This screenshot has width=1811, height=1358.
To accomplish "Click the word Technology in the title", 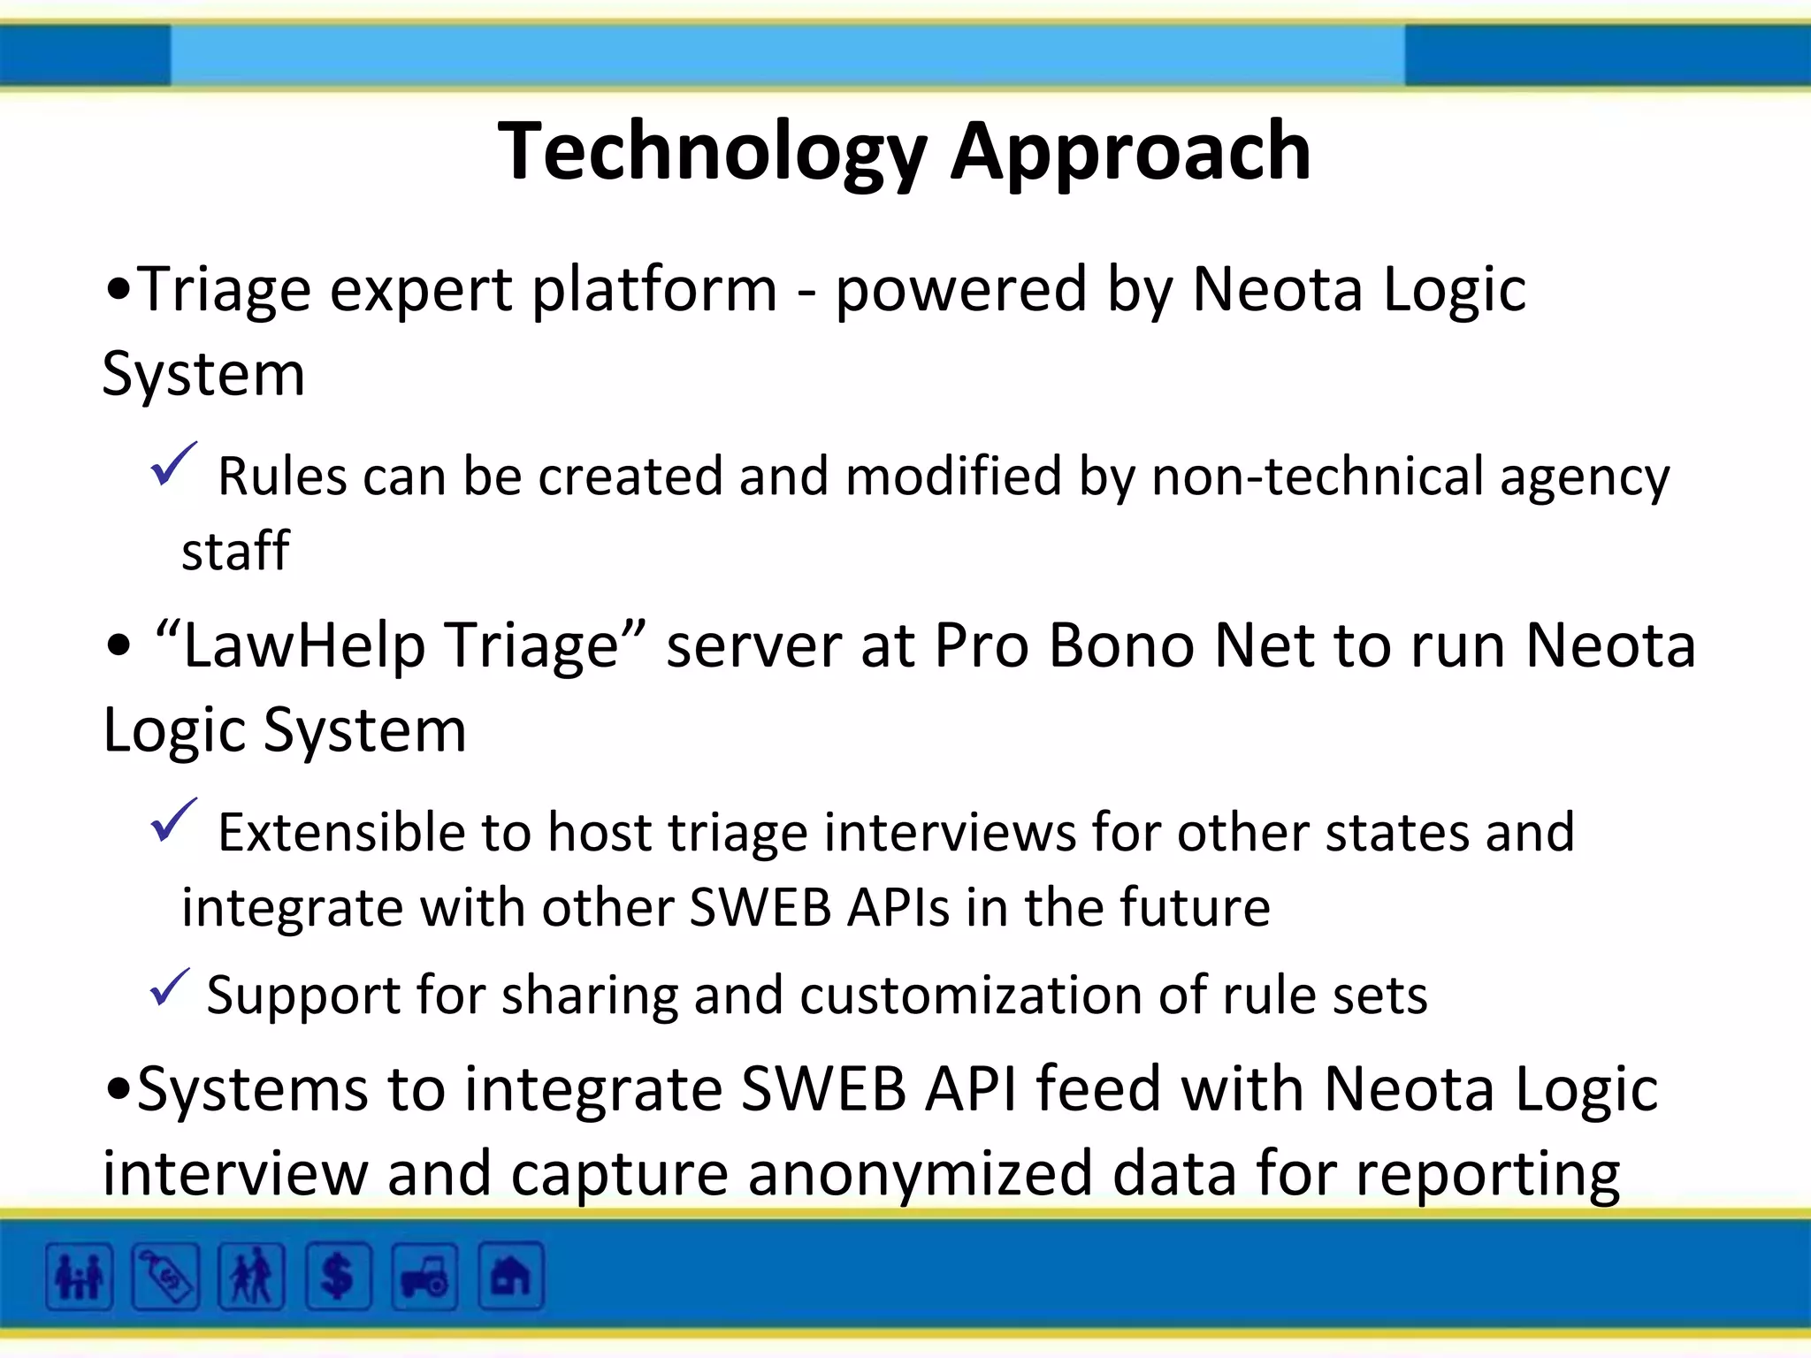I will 712,152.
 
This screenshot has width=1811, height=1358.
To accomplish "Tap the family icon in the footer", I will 80,1277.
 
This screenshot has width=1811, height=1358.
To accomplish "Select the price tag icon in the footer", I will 165,1277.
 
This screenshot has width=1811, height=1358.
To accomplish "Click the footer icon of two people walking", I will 252,1277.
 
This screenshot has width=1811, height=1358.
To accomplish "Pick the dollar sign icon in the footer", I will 338,1277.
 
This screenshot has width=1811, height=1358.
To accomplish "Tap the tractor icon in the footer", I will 424,1277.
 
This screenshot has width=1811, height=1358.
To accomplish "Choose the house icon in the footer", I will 510,1277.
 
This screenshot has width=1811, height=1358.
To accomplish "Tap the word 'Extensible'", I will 340,833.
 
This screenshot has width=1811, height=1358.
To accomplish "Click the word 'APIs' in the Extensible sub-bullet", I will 897,908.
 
